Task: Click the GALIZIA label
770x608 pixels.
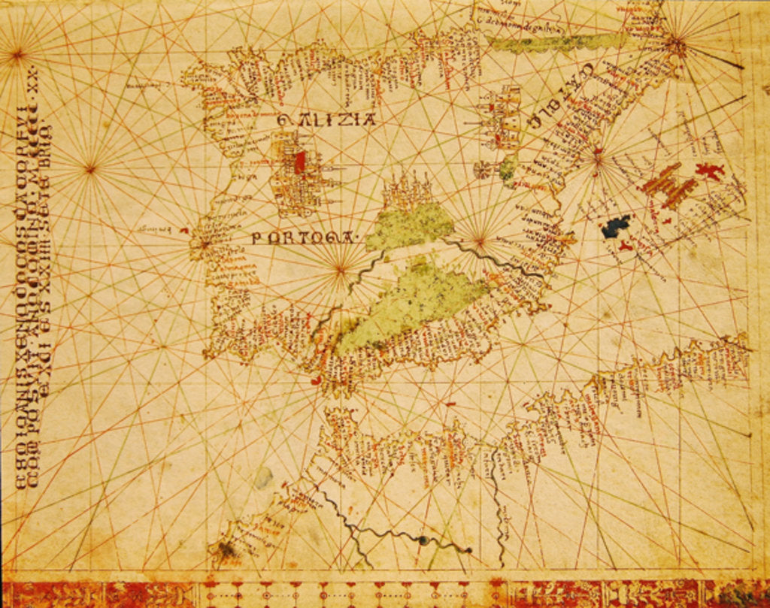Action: click(x=326, y=119)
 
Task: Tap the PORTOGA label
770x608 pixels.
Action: click(x=303, y=238)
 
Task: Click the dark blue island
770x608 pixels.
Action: click(x=617, y=226)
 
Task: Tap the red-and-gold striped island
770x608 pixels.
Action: click(x=669, y=185)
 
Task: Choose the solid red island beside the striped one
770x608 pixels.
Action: click(x=708, y=171)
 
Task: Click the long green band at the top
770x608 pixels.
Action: click(x=556, y=43)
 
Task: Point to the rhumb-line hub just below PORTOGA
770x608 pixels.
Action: click(x=341, y=268)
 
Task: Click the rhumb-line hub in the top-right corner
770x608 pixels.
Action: click(x=675, y=42)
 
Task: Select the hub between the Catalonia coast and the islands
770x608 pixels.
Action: click(x=597, y=158)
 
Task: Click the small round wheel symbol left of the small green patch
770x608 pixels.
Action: click(x=482, y=170)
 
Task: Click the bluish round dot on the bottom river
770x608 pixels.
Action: click(x=423, y=540)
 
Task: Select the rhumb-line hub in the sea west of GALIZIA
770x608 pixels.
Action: click(x=90, y=168)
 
